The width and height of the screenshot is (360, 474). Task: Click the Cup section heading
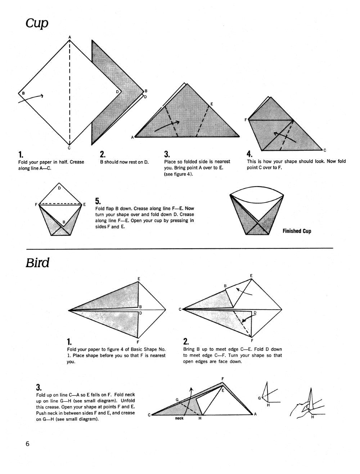(x=37, y=24)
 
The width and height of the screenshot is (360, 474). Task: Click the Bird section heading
(x=37, y=263)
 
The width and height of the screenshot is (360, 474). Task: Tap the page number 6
(x=27, y=443)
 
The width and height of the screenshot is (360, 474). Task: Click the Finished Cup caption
(x=297, y=231)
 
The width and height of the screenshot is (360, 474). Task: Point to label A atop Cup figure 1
(x=69, y=37)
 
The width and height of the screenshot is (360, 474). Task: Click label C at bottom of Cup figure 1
(x=69, y=148)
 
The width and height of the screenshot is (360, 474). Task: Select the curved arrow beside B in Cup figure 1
(x=32, y=98)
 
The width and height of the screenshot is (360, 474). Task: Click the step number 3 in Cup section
(x=167, y=154)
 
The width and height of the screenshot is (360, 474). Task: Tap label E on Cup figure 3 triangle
(x=212, y=104)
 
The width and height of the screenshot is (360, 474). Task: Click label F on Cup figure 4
(x=246, y=120)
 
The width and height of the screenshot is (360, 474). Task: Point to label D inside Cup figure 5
(x=59, y=188)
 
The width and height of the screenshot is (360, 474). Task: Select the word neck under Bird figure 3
(x=179, y=418)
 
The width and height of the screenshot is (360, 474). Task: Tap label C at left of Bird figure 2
(x=180, y=309)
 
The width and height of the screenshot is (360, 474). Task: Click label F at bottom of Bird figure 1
(x=138, y=342)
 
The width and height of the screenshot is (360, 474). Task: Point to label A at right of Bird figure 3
(x=255, y=414)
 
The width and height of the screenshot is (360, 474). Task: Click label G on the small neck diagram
(x=260, y=398)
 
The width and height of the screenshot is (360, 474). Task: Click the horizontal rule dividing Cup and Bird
(x=180, y=248)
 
